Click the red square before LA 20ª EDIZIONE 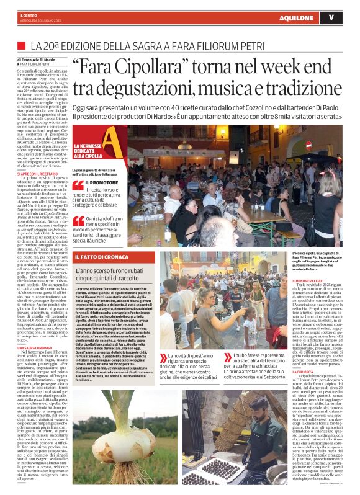pyautogui.click(x=22, y=47)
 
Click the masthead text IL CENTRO pyautogui.click(x=29, y=14)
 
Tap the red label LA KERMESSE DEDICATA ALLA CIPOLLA pyautogui.click(x=86, y=149)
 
